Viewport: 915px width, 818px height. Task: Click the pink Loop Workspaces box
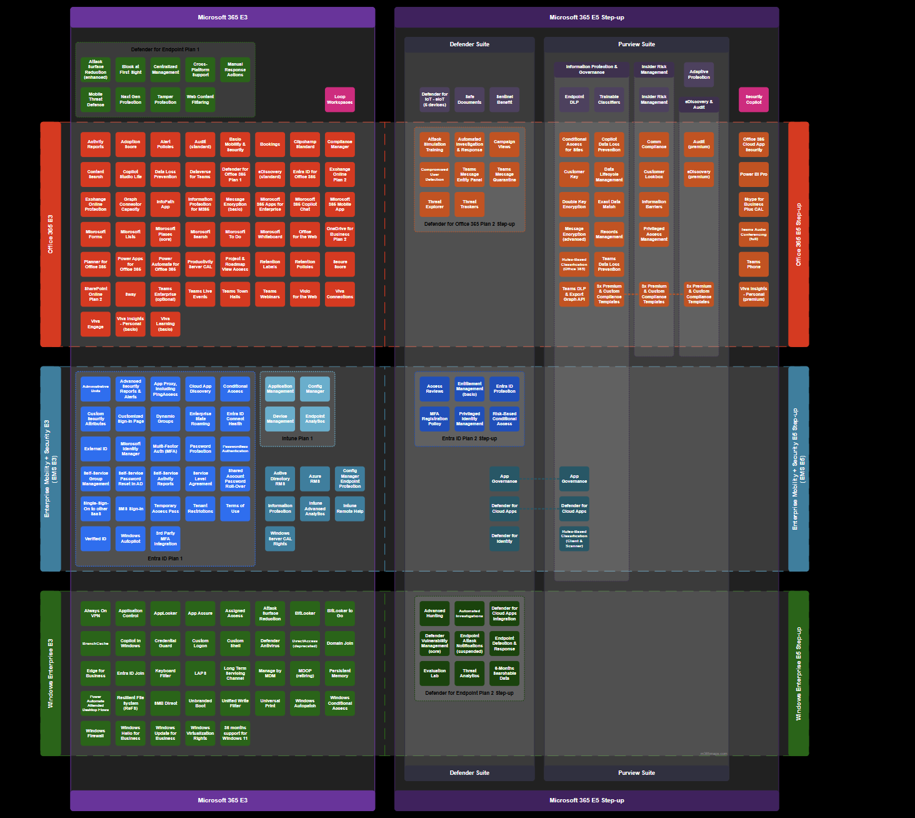pos(339,99)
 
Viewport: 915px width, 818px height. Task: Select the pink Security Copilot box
pos(753,99)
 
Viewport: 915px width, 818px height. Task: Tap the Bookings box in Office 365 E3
pos(270,144)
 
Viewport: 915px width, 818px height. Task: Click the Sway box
pos(130,294)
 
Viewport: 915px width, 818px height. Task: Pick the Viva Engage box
pos(95,324)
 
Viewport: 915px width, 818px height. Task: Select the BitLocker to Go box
pos(339,613)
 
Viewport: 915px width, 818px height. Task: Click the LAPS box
pos(200,674)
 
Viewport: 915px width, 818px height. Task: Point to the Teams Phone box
pos(753,265)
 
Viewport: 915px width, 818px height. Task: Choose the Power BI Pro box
pos(753,174)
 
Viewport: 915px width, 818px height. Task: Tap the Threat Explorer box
pos(434,204)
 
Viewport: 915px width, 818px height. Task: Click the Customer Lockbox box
pos(654,174)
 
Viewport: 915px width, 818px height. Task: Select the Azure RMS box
pos(315,478)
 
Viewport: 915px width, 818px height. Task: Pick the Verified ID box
pos(95,538)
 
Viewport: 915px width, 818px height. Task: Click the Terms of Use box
pos(235,508)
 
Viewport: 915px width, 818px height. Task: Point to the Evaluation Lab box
pos(434,674)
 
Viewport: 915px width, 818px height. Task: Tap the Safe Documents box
pos(469,99)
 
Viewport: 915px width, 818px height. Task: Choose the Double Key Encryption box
pos(574,204)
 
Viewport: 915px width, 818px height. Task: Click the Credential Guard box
pos(165,644)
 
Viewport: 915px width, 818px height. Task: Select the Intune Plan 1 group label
pos(297,438)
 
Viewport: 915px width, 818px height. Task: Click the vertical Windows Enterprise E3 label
pos(51,674)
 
